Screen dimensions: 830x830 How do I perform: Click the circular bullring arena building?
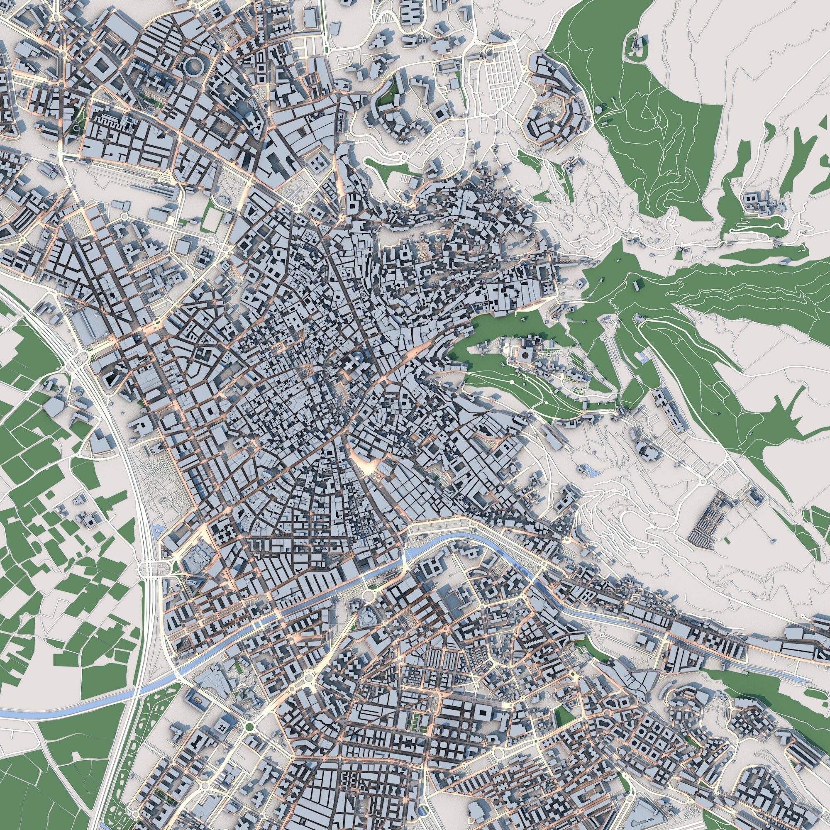195,66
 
